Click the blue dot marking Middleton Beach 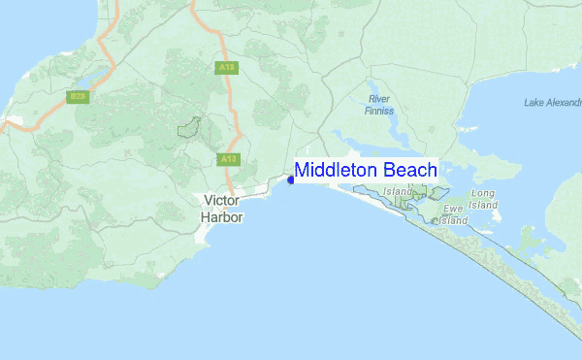291,180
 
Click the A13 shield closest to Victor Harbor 228,158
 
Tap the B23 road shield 78,97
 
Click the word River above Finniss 379,99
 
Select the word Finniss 380,111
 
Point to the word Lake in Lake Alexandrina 535,102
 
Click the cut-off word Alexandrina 566,102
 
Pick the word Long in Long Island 482,194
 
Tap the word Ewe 453,209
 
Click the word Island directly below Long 483,206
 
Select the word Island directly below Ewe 451,220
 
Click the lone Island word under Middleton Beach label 398,192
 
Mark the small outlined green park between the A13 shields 189,127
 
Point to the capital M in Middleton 303,170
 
